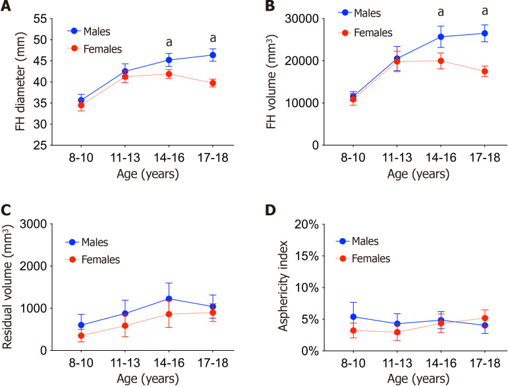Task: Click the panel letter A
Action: (6, 6)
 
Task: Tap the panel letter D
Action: (271, 210)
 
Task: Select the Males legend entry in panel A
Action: (89, 32)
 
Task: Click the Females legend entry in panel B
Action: (365, 33)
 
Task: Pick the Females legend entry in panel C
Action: (93, 259)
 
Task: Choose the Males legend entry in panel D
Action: (357, 241)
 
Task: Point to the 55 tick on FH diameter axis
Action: (40, 19)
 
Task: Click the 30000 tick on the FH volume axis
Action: (302, 19)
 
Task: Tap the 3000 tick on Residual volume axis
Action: (34, 224)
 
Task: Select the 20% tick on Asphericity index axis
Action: (306, 224)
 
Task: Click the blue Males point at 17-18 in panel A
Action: (213, 55)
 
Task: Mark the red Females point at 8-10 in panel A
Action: (81, 105)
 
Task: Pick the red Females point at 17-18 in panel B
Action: (485, 72)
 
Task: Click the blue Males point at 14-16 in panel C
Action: (169, 299)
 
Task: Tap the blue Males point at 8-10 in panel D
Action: (353, 317)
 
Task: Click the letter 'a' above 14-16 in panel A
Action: (169, 42)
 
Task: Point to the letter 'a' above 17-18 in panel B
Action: (485, 11)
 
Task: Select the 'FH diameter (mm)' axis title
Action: (20, 81)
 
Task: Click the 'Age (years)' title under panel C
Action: (148, 378)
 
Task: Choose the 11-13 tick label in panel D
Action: (397, 363)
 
